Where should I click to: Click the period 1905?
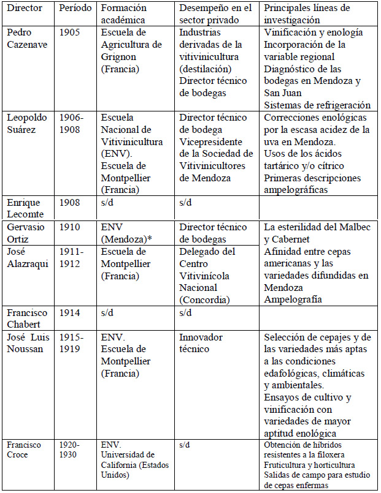pyautogui.click(x=71, y=32)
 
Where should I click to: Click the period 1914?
pyautogui.click(x=71, y=312)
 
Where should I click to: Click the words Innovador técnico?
pyautogui.click(x=201, y=344)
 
